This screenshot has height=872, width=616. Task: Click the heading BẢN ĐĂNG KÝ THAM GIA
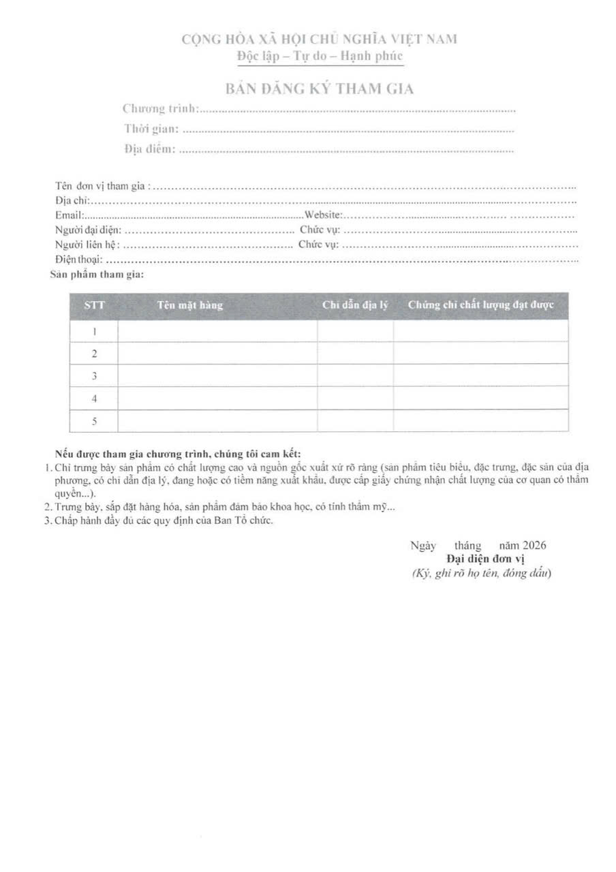[320, 89]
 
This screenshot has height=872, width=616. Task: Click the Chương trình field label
[160, 108]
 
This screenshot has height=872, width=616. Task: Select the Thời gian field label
[151, 128]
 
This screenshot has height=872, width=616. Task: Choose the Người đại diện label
[88, 230]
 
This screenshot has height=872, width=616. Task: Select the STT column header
[94, 305]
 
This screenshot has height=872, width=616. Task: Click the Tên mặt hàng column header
[190, 305]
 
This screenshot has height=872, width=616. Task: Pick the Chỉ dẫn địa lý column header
[355, 305]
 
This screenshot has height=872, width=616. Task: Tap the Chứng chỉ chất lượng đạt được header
[480, 305]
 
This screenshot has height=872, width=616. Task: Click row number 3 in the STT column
[94, 375]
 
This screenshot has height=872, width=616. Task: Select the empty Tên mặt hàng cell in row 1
[217, 331]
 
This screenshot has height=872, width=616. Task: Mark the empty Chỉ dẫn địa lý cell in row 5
[355, 421]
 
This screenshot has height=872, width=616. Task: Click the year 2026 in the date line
[534, 545]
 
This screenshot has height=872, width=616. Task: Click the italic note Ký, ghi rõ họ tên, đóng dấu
[481, 573]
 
